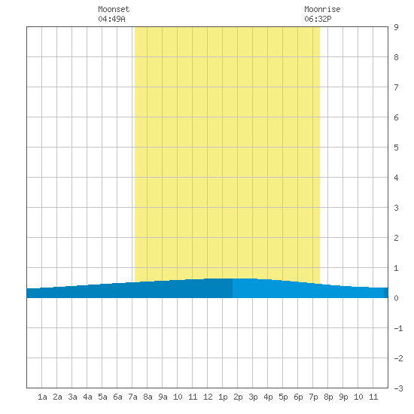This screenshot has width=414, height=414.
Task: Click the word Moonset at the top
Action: pyautogui.click(x=114, y=9)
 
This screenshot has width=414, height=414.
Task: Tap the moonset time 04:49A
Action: pyautogui.click(x=111, y=19)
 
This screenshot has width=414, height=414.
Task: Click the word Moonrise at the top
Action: pyautogui.click(x=322, y=9)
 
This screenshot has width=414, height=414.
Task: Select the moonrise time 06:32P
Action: pyautogui.click(x=318, y=19)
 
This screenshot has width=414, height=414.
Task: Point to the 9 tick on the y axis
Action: pyautogui.click(x=396, y=27)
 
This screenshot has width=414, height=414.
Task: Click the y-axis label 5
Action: pyautogui.click(x=396, y=148)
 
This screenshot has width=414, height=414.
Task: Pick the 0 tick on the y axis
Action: pyautogui.click(x=396, y=298)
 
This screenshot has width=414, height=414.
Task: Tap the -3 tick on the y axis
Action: pyautogui.click(x=398, y=388)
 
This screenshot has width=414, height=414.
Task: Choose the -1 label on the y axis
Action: pyautogui.click(x=398, y=328)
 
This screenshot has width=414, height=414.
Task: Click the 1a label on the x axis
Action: pyautogui.click(x=42, y=397)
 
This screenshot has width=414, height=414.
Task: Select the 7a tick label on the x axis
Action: pyautogui.click(x=132, y=397)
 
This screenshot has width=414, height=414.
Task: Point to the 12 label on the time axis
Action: pyautogui.click(x=208, y=397)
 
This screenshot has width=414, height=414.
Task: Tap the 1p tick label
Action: pyautogui.click(x=223, y=397)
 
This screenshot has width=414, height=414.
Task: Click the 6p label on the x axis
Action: pyautogui.click(x=298, y=397)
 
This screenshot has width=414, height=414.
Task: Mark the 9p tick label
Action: pyautogui.click(x=343, y=397)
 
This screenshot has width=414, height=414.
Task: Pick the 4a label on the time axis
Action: pyautogui.click(x=87, y=397)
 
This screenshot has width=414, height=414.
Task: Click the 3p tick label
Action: pyautogui.click(x=253, y=397)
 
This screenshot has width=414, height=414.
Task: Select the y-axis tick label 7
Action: pyautogui.click(x=396, y=87)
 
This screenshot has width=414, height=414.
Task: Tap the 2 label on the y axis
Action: pyautogui.click(x=396, y=238)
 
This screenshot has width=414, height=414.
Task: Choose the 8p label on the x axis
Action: pyautogui.click(x=328, y=397)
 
